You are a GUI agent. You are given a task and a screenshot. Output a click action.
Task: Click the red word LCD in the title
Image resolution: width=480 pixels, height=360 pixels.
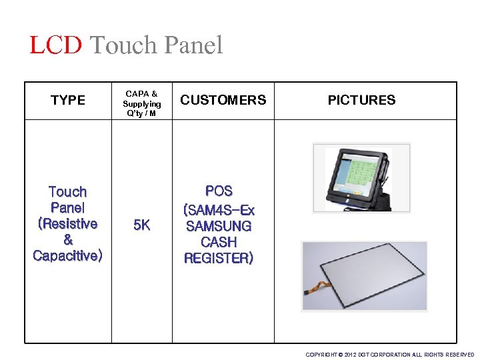coord(55,45)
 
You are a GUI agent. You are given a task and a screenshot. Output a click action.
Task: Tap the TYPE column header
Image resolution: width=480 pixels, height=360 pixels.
coord(68,101)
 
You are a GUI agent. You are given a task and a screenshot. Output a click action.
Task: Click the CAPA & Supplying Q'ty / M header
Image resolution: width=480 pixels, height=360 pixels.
coord(141,103)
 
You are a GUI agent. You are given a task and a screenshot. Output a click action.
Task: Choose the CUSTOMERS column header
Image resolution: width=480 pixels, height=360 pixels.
coord(223,101)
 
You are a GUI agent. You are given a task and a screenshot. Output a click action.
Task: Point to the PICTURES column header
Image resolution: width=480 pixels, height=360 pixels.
coord(361,101)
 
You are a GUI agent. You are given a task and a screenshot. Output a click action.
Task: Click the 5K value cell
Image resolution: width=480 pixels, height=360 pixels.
coord(141,225)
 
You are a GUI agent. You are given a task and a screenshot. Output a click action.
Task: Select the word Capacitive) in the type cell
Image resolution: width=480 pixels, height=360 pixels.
coord(68,256)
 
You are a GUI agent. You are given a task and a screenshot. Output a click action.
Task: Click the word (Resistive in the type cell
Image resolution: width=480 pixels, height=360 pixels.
coord(68,224)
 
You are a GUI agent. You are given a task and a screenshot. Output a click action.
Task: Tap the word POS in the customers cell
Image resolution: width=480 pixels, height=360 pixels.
coord(219,191)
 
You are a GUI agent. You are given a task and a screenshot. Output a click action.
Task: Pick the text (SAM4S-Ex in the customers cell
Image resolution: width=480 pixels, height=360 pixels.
coord(219,210)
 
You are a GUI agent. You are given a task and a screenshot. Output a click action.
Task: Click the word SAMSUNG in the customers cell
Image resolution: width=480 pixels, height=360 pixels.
coord(219,226)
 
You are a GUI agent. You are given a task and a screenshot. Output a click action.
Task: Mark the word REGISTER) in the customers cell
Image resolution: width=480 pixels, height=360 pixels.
coord(219,258)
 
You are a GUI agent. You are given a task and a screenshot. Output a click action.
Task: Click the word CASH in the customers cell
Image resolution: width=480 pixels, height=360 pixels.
coord(219,242)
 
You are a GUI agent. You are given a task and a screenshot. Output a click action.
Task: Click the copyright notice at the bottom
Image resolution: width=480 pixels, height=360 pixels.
coord(389,355)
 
